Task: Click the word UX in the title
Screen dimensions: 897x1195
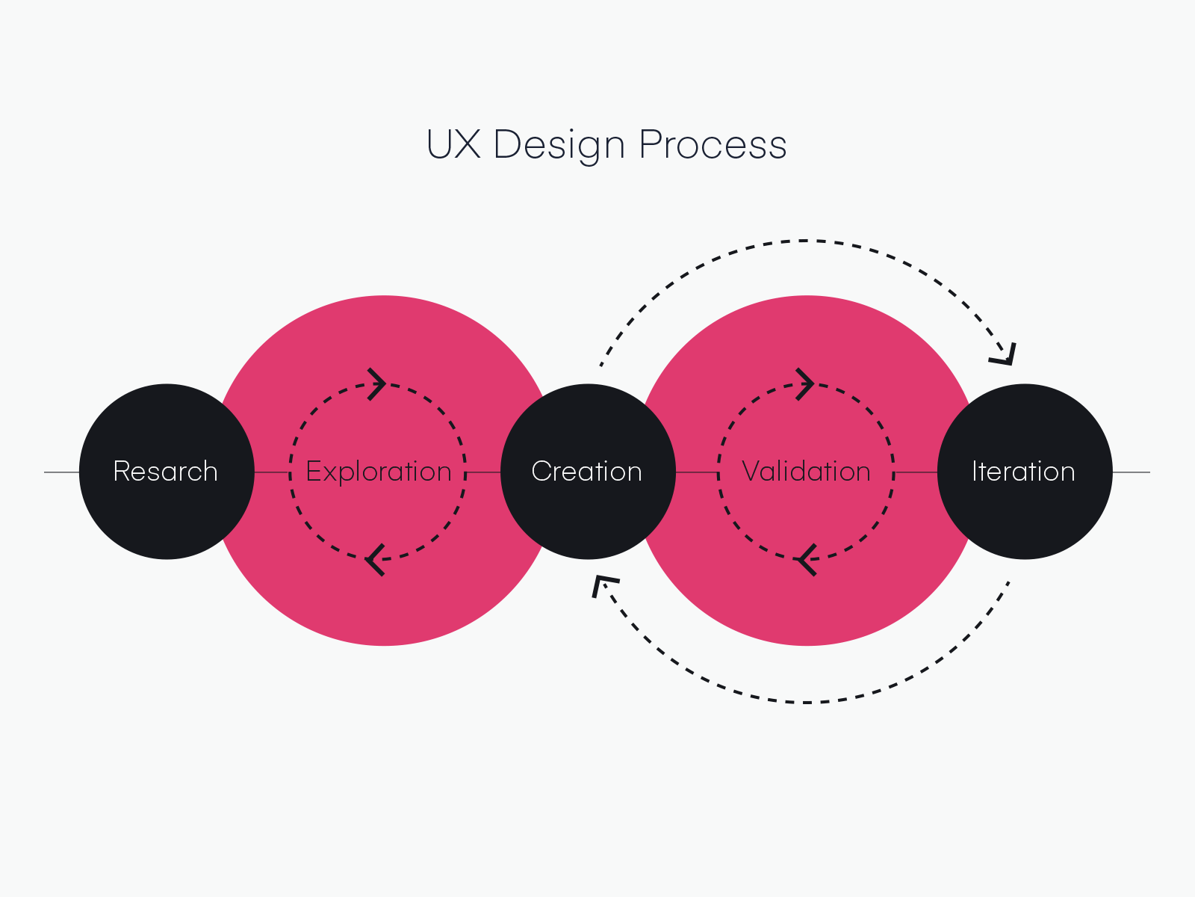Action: [x=453, y=144]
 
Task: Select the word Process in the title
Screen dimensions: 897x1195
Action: [x=713, y=144]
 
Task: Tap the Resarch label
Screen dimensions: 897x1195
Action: [x=166, y=472]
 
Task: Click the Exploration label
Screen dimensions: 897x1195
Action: [x=379, y=472]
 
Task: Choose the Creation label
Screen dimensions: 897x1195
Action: [x=587, y=472]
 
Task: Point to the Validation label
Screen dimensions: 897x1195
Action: [x=806, y=472]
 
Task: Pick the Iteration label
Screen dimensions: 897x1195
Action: [x=1023, y=472]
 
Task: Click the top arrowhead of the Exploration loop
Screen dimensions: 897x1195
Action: [x=378, y=384]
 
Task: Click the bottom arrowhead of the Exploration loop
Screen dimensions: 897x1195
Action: [x=374, y=560]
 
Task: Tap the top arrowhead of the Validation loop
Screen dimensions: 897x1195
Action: [x=806, y=384]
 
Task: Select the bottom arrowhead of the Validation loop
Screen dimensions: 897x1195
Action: [x=805, y=560]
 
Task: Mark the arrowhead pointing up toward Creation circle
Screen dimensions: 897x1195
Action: [x=602, y=585]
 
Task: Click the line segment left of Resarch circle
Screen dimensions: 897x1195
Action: [x=61, y=472]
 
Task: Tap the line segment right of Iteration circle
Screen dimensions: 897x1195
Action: [x=1131, y=472]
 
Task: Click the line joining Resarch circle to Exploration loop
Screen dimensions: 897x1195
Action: [x=272, y=472]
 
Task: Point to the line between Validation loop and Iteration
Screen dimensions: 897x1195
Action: [x=916, y=472]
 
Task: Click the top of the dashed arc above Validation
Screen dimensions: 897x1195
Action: [x=805, y=241]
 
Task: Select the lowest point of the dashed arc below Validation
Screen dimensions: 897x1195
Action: [x=807, y=703]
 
